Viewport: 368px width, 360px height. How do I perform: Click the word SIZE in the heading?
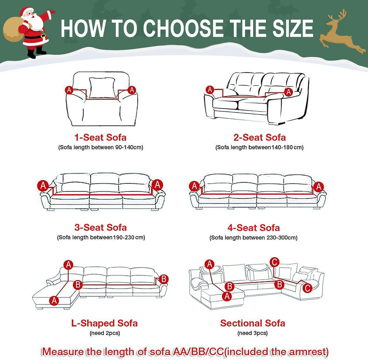(293, 28)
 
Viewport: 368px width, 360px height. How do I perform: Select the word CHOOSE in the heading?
(183, 28)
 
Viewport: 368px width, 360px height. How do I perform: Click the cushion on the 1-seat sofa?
(103, 88)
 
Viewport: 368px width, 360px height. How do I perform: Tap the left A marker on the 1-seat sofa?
(69, 90)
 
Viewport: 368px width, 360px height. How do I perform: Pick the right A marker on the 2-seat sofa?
(289, 92)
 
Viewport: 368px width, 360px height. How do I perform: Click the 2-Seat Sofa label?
(260, 138)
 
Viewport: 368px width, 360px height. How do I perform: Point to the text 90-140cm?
(128, 147)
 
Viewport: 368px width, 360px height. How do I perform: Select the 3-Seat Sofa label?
(101, 228)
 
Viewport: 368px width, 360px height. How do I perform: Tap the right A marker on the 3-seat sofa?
(157, 185)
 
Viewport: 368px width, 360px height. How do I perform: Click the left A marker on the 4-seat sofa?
(194, 186)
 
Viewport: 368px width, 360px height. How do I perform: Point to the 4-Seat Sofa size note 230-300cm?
(281, 238)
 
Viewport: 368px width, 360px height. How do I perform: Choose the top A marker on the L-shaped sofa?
(68, 265)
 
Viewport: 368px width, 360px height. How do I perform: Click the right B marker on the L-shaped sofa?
(164, 279)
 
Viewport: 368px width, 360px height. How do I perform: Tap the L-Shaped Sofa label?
(105, 323)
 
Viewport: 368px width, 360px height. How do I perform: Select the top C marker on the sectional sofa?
(274, 262)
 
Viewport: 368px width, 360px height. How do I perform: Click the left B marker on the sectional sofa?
(230, 286)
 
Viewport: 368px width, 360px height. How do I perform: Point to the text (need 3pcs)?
(252, 333)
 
